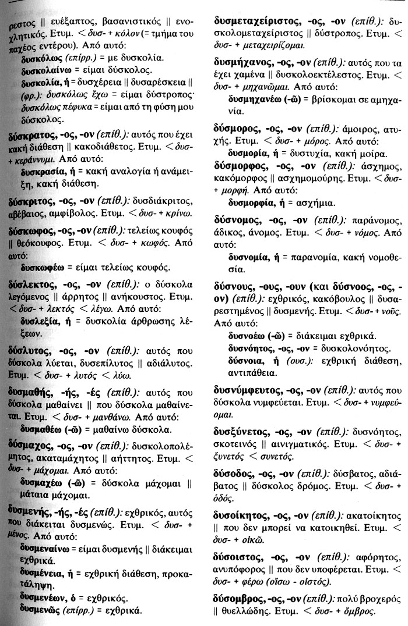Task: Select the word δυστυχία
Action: [320, 154]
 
